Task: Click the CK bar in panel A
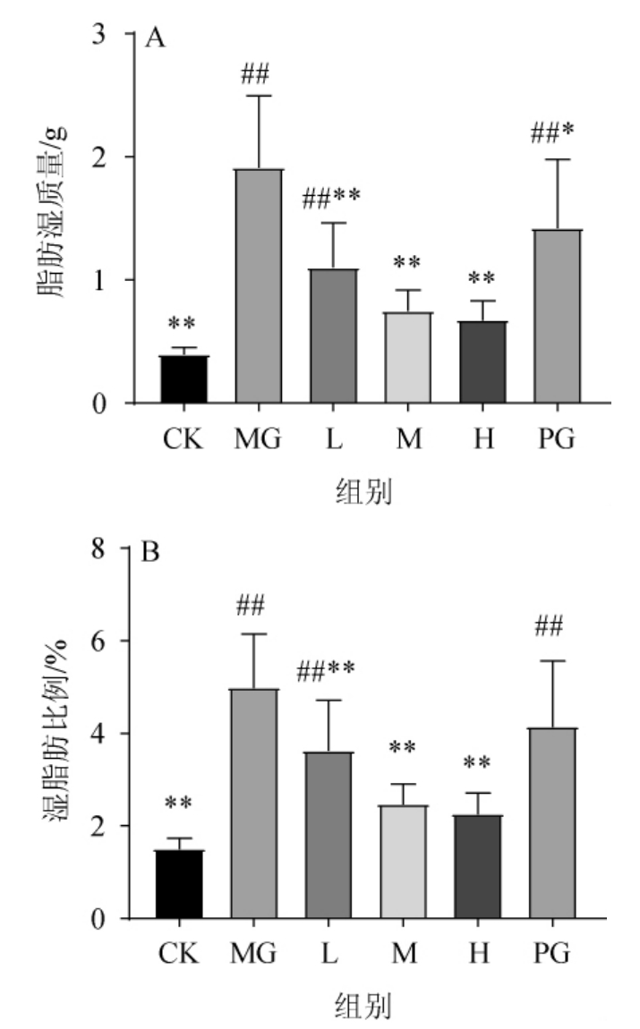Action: [x=183, y=379]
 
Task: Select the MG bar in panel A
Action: [x=259, y=286]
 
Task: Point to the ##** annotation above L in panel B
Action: [x=333, y=668]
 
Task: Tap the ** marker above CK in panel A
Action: [x=183, y=322]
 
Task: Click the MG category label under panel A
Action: [x=260, y=441]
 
